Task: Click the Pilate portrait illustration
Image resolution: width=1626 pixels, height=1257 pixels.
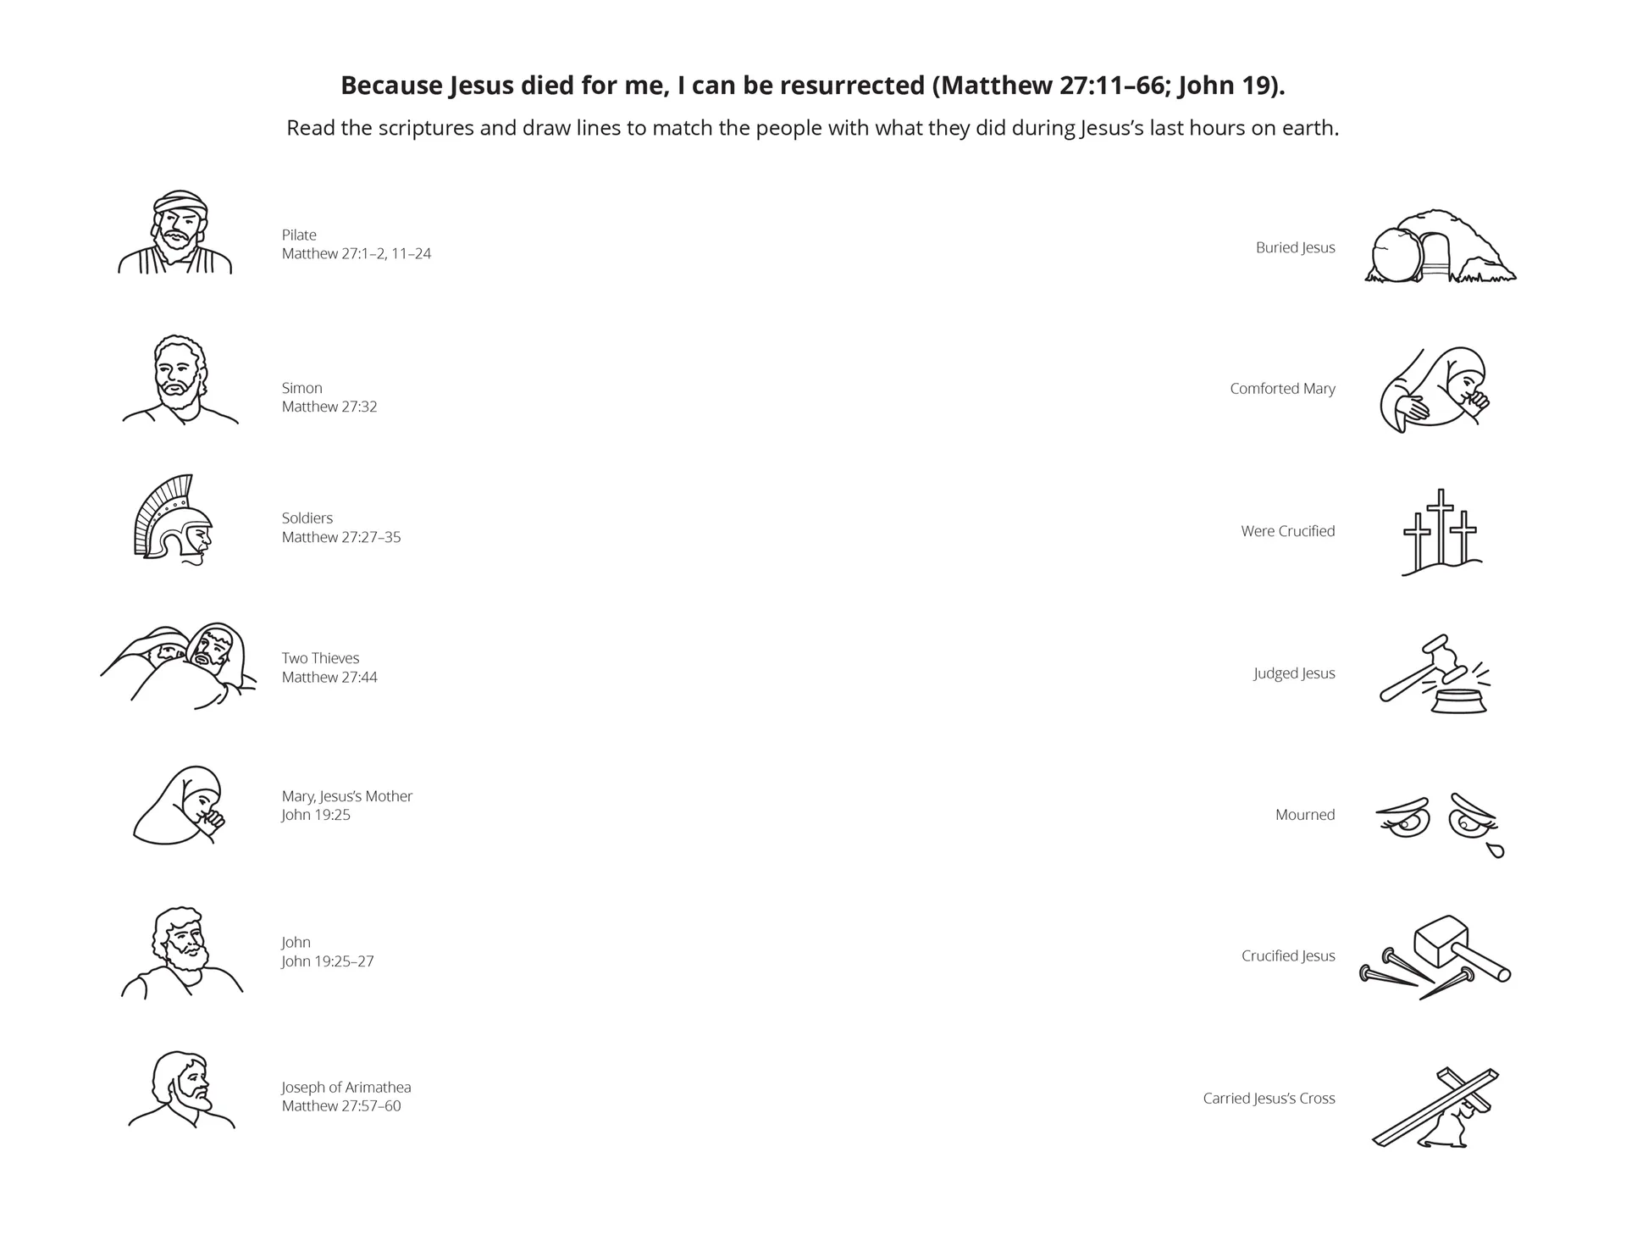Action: [176, 233]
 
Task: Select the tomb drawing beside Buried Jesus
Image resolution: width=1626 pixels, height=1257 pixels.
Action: [1440, 246]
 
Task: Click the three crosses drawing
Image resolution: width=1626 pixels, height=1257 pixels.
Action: [1441, 532]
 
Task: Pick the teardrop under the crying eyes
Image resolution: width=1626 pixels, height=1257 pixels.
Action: [1496, 850]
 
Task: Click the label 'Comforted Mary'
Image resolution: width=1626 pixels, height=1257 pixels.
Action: [1282, 389]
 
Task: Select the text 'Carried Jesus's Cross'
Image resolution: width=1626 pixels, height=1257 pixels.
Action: [1269, 1099]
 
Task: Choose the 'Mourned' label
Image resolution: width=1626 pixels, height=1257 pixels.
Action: [1304, 815]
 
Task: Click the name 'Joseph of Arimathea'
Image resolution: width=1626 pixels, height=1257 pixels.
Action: [346, 1088]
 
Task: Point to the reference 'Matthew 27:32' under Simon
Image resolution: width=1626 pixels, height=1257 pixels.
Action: [329, 407]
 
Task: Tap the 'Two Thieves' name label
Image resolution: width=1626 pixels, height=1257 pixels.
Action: [320, 658]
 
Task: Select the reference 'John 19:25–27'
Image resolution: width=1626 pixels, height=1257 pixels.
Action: [328, 961]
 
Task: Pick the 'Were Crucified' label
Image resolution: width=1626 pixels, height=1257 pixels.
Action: [1287, 531]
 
